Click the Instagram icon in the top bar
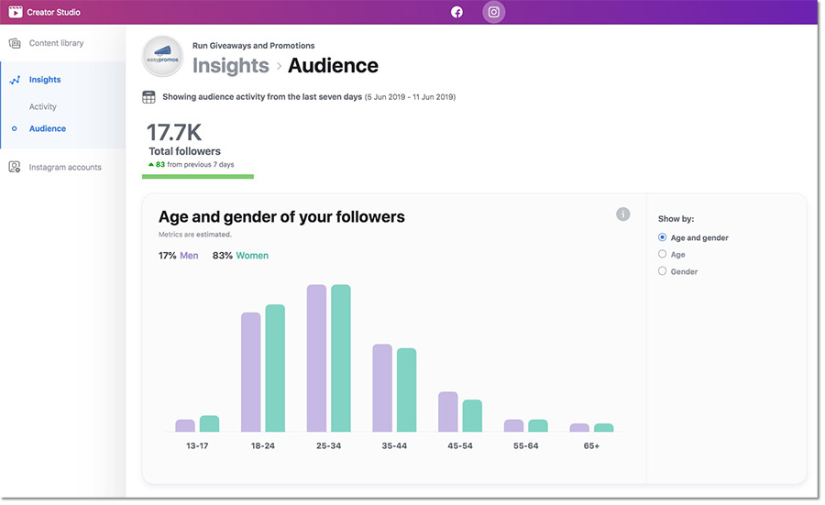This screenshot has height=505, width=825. [494, 12]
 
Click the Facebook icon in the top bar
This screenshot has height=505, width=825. [456, 12]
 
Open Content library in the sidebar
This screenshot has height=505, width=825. [55, 43]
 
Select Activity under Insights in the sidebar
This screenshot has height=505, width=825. [42, 106]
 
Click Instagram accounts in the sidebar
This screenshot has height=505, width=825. [64, 167]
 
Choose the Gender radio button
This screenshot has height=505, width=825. [663, 271]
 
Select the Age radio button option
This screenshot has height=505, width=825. [663, 254]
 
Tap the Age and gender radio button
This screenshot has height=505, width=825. [663, 237]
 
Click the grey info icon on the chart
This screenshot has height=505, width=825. [623, 214]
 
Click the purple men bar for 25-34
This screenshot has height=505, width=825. [316, 357]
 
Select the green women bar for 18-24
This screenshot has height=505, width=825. [275, 368]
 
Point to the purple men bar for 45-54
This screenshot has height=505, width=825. [447, 412]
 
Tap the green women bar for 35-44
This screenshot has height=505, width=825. [406, 390]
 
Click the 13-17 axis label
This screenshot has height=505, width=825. [197, 445]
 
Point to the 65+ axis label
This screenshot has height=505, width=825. [591, 445]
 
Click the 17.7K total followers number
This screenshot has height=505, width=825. [173, 132]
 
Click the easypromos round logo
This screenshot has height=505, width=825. [164, 56]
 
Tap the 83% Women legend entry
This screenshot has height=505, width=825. [240, 256]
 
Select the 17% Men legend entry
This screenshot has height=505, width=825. [178, 256]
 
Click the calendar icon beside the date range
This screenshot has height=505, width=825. [148, 97]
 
